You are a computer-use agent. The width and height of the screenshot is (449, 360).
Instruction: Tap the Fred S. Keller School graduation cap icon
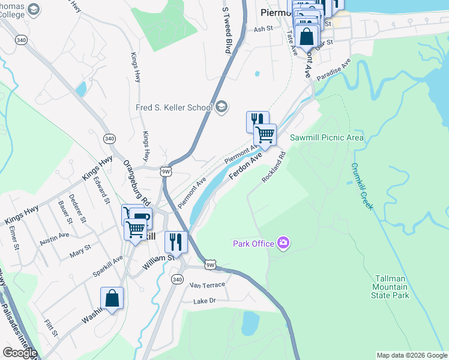pos(222,107)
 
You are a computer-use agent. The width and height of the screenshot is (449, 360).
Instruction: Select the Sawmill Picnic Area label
pos(327,137)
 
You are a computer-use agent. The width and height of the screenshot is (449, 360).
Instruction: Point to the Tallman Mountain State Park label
pos(392,287)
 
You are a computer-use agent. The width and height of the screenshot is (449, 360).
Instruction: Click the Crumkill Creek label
pos(362,187)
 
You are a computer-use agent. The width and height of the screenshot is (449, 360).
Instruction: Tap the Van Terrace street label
pos(207,284)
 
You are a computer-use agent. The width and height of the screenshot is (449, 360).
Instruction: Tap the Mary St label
pos(80,247)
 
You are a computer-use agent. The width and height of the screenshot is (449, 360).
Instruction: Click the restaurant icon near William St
pos(175,242)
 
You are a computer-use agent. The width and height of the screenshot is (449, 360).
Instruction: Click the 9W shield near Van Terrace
pos(210,265)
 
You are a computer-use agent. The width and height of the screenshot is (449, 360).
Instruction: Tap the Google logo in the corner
pos(19,353)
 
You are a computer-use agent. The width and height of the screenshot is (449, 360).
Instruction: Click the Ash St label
pos(263,29)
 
